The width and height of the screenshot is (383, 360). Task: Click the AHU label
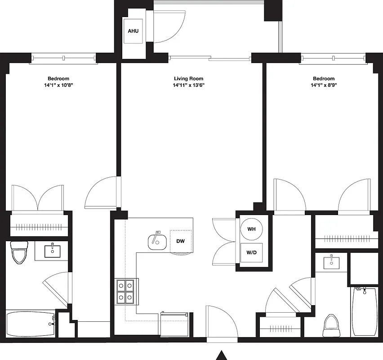click(134, 31)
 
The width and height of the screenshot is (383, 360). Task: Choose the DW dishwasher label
click(180, 241)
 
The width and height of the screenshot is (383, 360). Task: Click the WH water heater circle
click(251, 229)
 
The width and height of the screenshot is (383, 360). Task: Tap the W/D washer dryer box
click(251, 252)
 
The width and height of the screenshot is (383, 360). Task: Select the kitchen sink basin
click(157, 242)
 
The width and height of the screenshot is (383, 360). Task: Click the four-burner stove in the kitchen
click(126, 292)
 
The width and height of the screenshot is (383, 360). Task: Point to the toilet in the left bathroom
click(19, 253)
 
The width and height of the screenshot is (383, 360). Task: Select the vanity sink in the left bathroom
click(53, 250)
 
